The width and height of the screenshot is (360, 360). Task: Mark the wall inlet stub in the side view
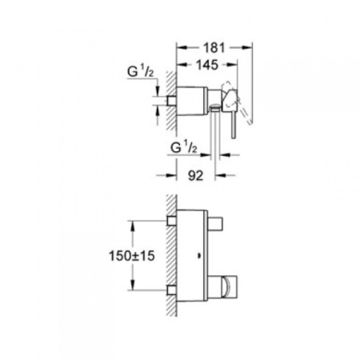click(x=173, y=100)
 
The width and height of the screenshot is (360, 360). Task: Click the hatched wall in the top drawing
click(x=163, y=100)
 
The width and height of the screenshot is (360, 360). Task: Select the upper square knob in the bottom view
click(x=222, y=220)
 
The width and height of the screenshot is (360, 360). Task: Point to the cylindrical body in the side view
click(x=197, y=93)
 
